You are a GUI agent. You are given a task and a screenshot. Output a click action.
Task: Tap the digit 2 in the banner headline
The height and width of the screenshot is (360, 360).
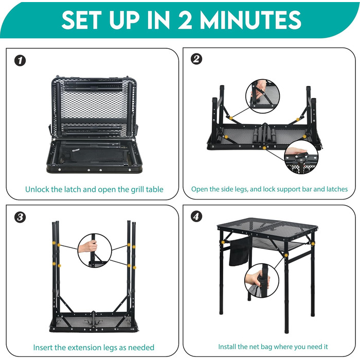[x=185, y=20]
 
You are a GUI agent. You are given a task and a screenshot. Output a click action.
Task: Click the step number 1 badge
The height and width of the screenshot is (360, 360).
[x=20, y=61]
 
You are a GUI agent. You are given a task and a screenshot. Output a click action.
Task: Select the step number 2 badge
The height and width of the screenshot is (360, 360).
[x=196, y=59]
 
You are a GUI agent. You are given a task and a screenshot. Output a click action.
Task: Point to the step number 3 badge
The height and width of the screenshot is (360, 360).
[x=20, y=217]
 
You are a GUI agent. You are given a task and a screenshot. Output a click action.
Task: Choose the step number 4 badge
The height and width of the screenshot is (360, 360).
[x=196, y=217]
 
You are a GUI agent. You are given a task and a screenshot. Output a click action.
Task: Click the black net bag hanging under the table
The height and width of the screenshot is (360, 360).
[x=239, y=251]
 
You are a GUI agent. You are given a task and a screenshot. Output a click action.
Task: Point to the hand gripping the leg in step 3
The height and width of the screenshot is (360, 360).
[x=88, y=247]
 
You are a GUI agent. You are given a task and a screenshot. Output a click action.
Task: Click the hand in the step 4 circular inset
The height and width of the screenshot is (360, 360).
[x=256, y=278]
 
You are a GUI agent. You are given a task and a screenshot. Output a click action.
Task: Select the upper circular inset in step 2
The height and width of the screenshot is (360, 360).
[x=263, y=96]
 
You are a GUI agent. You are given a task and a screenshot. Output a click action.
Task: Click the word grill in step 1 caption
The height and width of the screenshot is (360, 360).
[x=137, y=190]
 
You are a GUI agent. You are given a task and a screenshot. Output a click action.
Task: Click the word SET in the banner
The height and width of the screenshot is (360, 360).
[x=81, y=20]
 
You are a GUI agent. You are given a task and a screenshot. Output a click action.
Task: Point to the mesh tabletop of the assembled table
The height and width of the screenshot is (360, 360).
[x=267, y=228]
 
